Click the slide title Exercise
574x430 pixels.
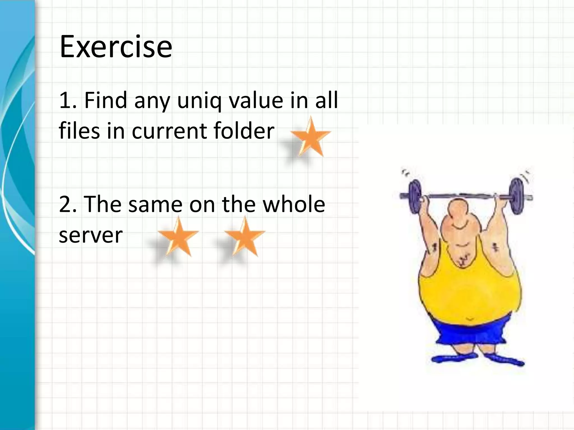tap(116, 47)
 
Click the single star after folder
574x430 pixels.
tap(311, 138)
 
